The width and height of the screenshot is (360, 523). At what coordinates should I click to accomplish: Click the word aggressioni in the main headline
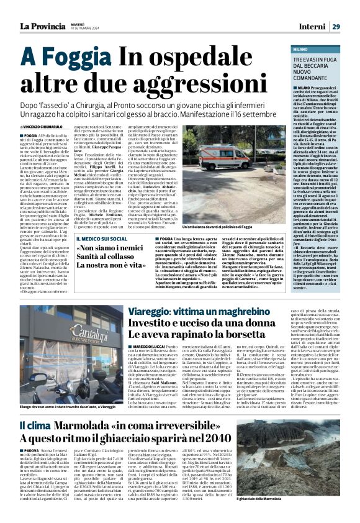tap(151, 83)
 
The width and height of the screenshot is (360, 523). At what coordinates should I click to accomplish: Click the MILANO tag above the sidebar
tap(318, 48)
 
